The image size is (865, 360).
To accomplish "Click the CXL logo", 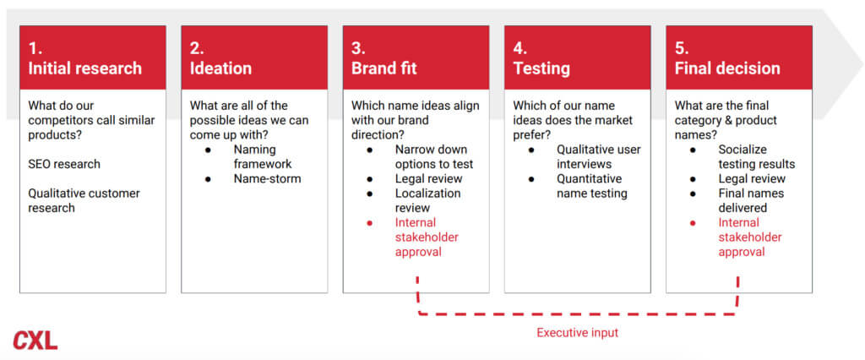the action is pos(35,340).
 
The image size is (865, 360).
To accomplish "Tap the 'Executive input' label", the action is pos(578,333).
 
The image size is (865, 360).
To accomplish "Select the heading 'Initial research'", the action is pos(85,68).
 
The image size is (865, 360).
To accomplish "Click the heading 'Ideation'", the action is pos(220,68).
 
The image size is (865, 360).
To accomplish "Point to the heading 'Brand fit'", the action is pos(384,68).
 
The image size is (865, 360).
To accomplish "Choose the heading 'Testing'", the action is pos(541,68).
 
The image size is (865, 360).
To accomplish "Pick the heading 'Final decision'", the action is pos(727,68).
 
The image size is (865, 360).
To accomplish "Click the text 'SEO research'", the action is pos(64,164).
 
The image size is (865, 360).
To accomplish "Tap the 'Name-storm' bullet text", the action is pos(268,179).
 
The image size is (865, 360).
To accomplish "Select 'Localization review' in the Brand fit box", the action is pos(427,200).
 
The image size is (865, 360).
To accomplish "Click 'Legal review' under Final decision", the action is pos(752,179).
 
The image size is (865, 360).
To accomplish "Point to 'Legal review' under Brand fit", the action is pos(428,179).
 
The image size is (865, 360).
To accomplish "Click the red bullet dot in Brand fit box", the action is pos(370,223).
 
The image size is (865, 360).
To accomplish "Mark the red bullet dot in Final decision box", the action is pos(693,223).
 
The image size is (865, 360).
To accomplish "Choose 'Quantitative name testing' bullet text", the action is pos(592,186).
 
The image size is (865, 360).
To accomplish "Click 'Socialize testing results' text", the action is pos(757,157).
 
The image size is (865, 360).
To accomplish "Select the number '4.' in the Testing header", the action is pos(520,48).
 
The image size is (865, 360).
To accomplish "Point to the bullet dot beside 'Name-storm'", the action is pos(208,179).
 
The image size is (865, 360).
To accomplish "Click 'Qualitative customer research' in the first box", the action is pos(84,200).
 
